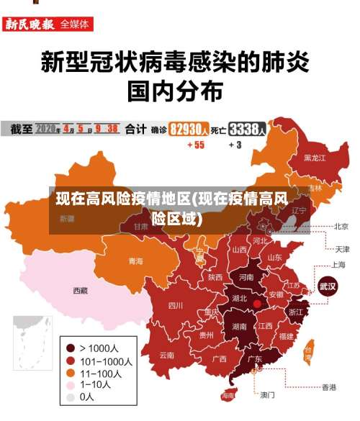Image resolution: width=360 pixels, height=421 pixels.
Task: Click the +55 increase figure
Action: (196, 145)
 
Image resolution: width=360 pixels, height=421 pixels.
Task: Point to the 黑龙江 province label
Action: (314, 157)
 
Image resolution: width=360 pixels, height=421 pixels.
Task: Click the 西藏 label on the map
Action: (80, 291)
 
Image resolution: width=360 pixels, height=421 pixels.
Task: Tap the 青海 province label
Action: (135, 261)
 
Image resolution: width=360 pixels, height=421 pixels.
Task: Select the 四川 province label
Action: (175, 305)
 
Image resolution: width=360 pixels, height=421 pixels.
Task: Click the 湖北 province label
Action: (238, 298)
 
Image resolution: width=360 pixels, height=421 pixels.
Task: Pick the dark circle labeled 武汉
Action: (328, 286)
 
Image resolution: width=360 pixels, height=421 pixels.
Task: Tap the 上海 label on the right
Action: (339, 264)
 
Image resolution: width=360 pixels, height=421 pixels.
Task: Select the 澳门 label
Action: (267, 394)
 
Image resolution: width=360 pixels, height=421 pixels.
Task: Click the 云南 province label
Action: (167, 355)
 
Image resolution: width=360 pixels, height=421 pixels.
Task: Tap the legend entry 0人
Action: (86, 397)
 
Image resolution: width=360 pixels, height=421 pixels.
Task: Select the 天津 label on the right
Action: (341, 249)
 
